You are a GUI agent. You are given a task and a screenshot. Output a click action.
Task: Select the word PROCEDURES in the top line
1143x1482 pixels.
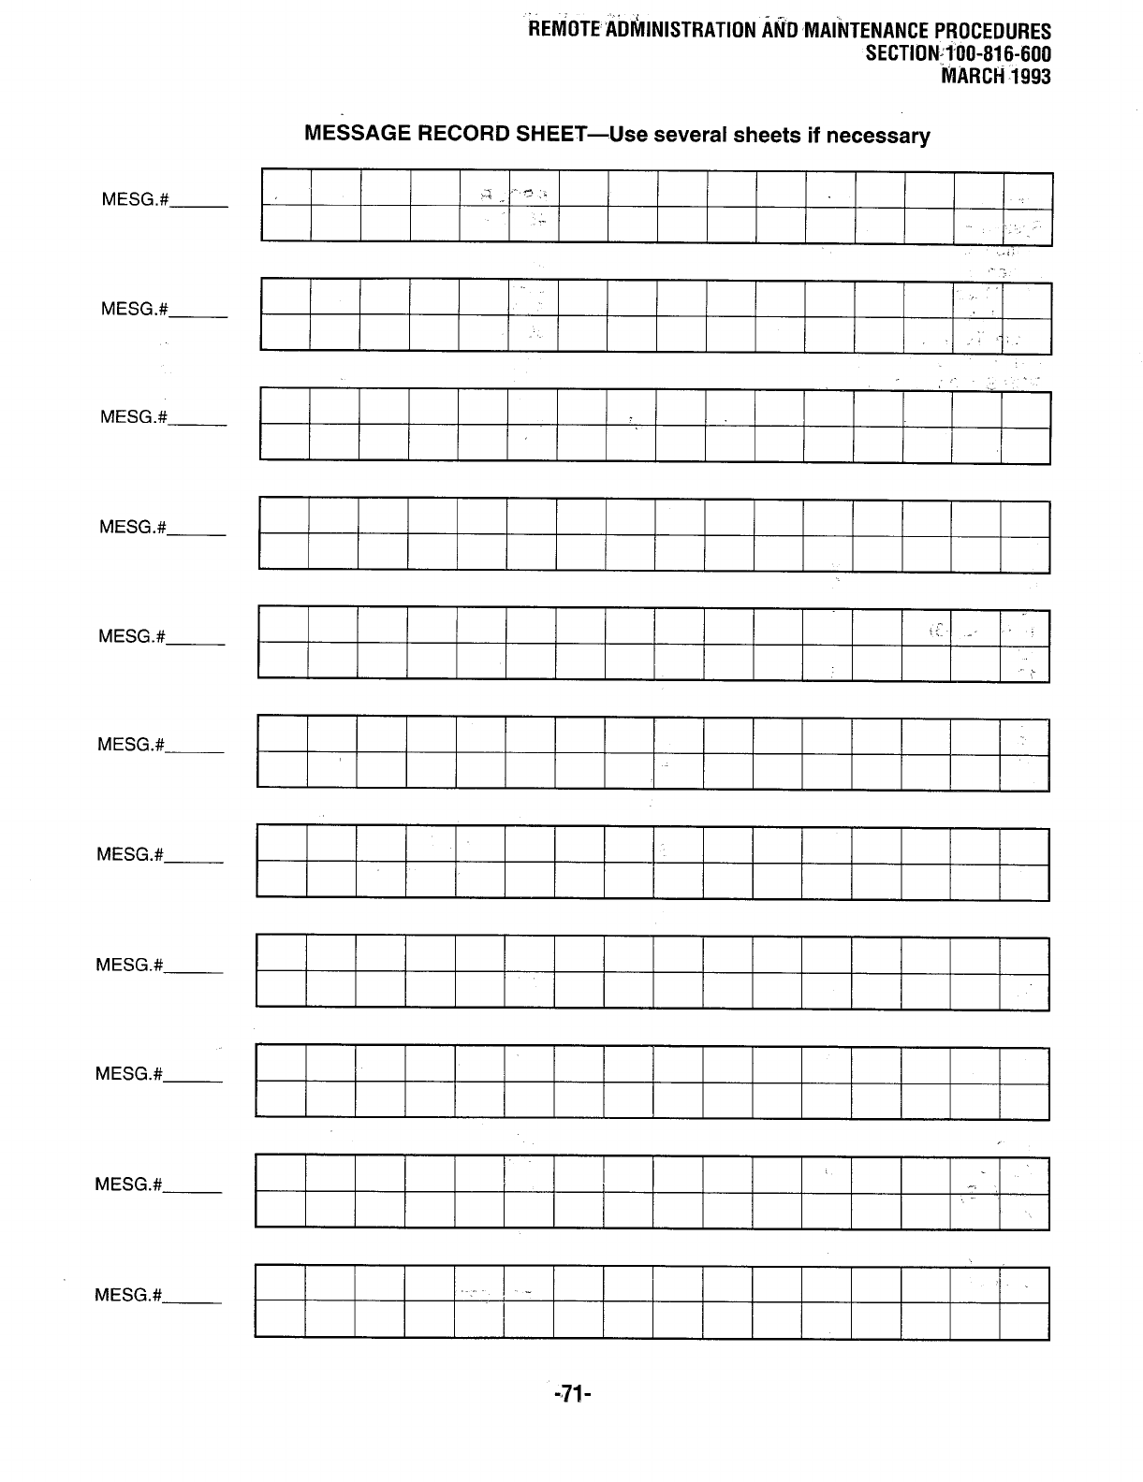pyautogui.click(x=995, y=31)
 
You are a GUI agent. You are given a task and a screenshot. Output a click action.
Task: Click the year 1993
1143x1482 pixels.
pyautogui.click(x=1031, y=76)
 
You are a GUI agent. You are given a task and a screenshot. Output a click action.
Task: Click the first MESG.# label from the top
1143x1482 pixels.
pyautogui.click(x=134, y=199)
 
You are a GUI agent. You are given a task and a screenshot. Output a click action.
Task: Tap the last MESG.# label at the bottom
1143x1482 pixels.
pyautogui.click(x=128, y=1295)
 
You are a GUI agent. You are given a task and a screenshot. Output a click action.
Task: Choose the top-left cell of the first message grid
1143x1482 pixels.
pyautogui.click(x=286, y=188)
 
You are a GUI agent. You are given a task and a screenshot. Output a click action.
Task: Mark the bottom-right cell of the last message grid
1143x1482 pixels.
pyautogui.click(x=1024, y=1319)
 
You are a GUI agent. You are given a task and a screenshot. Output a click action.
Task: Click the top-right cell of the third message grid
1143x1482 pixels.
pyautogui.click(x=1026, y=408)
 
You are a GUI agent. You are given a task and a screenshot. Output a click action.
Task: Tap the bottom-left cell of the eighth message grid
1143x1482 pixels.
pyautogui.click(x=281, y=988)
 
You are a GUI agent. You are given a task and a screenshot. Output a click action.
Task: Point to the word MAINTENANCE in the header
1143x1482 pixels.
pyautogui.click(x=854, y=30)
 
